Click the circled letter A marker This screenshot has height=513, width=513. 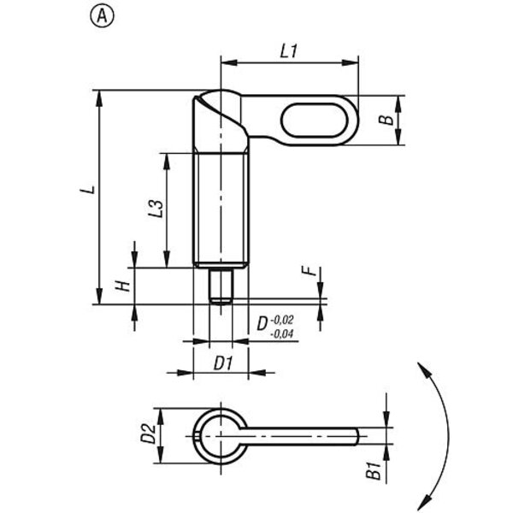(102, 16)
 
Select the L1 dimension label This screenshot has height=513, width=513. (289, 51)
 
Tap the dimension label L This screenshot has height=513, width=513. (88, 190)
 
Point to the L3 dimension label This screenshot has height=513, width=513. (156, 209)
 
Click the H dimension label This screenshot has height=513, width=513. (123, 286)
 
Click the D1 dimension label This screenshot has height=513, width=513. (223, 363)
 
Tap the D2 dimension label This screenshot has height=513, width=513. (148, 433)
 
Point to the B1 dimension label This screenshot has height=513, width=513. (374, 470)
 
